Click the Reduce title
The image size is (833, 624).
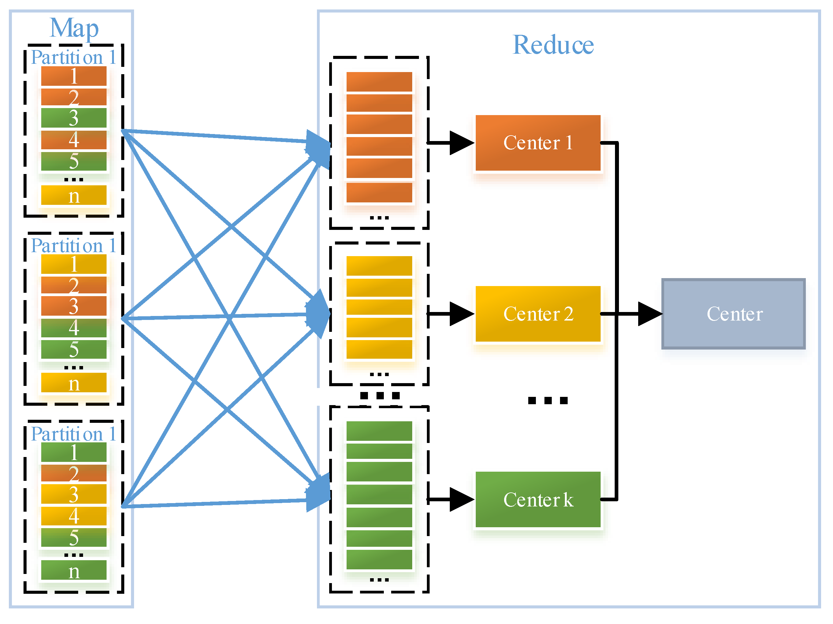(553, 45)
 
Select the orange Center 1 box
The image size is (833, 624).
(537, 143)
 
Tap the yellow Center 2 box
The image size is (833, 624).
(537, 314)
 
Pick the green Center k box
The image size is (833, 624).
(537, 499)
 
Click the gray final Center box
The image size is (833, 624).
(733, 314)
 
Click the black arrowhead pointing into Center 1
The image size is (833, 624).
(461, 143)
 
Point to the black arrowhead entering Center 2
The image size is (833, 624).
(461, 314)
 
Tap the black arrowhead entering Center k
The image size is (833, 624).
(461, 499)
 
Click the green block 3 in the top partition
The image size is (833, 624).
(74, 118)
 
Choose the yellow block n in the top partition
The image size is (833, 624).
(74, 195)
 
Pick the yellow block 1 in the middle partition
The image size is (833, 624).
(74, 264)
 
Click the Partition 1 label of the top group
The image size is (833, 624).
(73, 57)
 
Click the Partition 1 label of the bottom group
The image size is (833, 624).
(73, 434)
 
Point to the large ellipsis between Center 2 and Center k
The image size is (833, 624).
(547, 400)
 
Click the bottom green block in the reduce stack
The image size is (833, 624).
(379, 559)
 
